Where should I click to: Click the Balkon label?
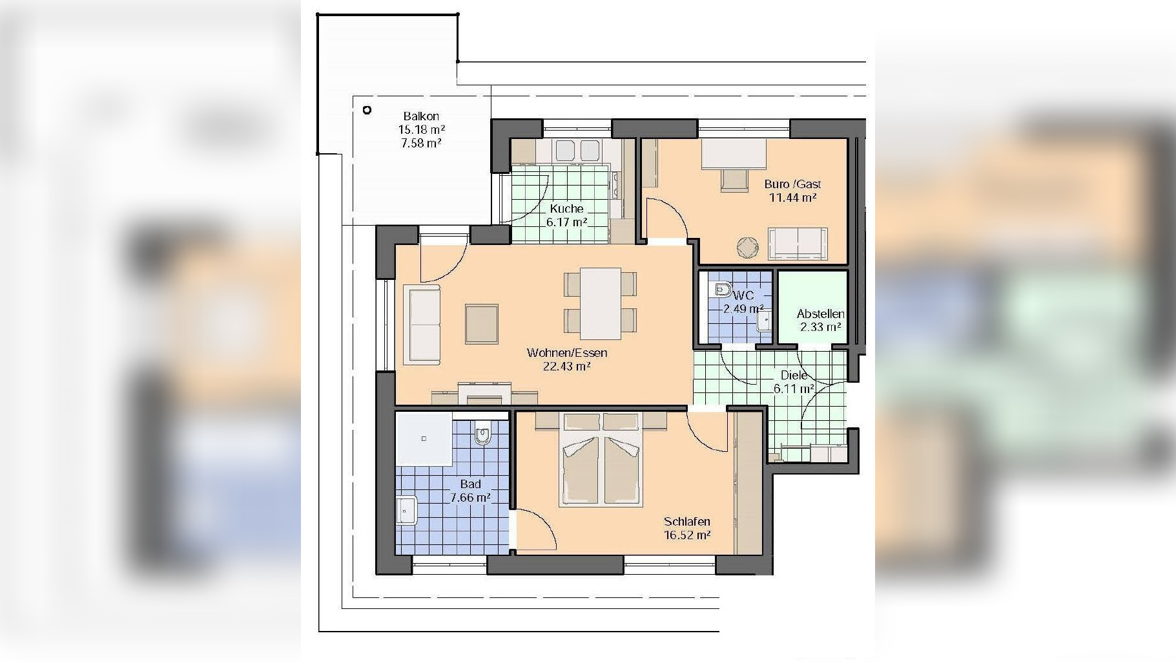tap(421, 116)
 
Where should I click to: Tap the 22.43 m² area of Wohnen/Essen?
tap(567, 367)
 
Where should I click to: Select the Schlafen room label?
tap(687, 521)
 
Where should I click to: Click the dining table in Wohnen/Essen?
tap(601, 303)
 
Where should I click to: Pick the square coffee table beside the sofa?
tap(481, 324)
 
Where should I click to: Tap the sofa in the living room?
tap(422, 324)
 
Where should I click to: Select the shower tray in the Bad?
tap(424, 439)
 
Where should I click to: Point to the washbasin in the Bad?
tap(406, 511)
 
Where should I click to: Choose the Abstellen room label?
tap(820, 314)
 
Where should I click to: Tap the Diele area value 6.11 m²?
tap(794, 389)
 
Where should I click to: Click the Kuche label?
tap(566, 208)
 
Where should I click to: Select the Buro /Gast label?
tap(792, 184)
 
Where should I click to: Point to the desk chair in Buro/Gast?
tap(732, 180)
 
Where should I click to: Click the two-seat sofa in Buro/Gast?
tap(798, 244)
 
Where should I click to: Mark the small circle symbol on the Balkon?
tap(367, 111)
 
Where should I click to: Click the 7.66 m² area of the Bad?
tap(470, 498)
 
